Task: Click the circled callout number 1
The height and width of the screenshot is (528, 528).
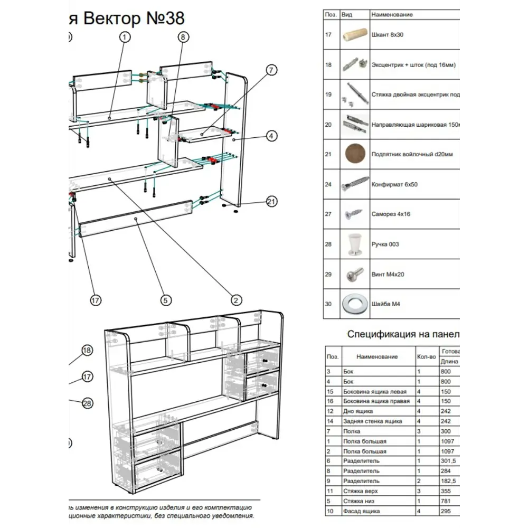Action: (x=125, y=37)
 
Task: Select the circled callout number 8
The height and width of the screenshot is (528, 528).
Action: (x=183, y=37)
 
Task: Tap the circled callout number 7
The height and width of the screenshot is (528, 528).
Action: (x=271, y=70)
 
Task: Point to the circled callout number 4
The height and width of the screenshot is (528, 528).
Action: (x=271, y=136)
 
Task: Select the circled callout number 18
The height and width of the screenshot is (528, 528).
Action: (x=87, y=351)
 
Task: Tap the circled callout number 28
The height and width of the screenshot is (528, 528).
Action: (x=87, y=403)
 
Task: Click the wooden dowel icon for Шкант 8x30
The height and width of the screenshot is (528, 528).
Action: (x=353, y=35)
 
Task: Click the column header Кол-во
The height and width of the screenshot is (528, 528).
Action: (x=427, y=357)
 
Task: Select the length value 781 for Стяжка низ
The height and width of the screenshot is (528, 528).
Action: (x=446, y=501)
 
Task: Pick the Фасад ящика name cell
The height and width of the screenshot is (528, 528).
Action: (x=361, y=511)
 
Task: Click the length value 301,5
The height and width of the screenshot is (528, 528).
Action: (x=448, y=461)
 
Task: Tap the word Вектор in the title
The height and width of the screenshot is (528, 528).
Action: (x=114, y=18)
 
